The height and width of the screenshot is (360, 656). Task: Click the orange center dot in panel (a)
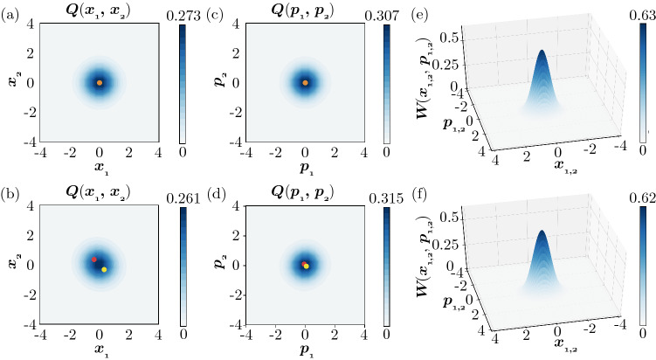(x=100, y=83)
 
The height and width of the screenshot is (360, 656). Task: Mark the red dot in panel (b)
(x=94, y=260)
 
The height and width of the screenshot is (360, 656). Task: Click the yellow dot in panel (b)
(x=104, y=269)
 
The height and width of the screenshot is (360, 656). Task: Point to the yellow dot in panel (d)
(x=306, y=266)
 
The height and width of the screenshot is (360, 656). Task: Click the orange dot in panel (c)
(x=305, y=83)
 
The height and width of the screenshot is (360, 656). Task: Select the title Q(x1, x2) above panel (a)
(x=100, y=10)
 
